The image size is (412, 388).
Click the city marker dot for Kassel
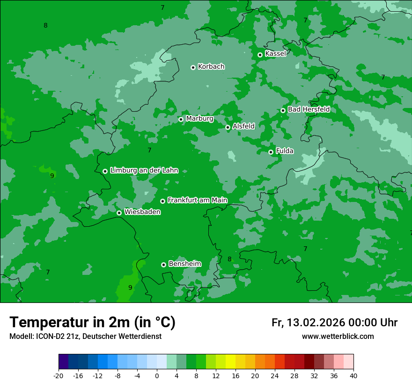click(x=260, y=55)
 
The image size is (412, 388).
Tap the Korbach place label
click(x=211, y=66)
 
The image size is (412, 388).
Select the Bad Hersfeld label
click(x=309, y=109)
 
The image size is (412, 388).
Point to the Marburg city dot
click(x=181, y=119)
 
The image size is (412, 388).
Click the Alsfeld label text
click(x=243, y=126)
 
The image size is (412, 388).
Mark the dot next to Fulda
click(x=271, y=152)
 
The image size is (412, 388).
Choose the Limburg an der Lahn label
click(x=144, y=171)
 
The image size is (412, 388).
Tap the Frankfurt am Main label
click(x=197, y=200)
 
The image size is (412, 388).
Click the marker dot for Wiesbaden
click(x=119, y=213)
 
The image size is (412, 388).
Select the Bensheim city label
click(x=184, y=264)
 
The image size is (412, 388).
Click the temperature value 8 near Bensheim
click(x=229, y=259)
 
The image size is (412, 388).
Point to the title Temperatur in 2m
click(x=92, y=322)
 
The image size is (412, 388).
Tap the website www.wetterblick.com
click(x=338, y=336)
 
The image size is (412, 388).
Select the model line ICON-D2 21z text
click(x=85, y=336)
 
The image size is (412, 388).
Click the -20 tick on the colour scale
click(x=59, y=375)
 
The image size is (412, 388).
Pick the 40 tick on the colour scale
click(x=353, y=375)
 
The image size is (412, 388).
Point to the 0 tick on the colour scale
click(x=157, y=375)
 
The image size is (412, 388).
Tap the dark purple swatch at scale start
click(x=63, y=362)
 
